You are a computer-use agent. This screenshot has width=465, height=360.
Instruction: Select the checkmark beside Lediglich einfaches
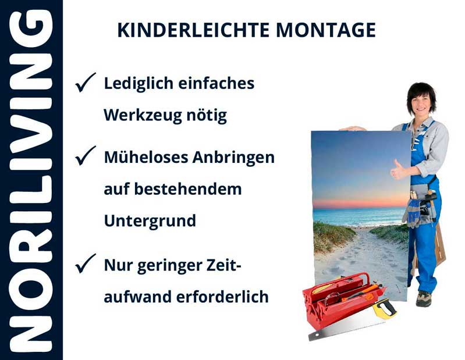tap(85, 84)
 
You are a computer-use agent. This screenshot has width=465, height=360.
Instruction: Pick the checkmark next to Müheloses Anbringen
tap(85, 157)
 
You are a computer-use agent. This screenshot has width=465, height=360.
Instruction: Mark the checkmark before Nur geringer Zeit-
tap(85, 265)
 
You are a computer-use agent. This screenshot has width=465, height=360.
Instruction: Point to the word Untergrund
tap(150, 221)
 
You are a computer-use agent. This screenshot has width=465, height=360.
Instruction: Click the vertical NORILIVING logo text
tap(31, 180)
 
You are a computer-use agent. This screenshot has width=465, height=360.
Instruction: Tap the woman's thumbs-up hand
tap(399, 170)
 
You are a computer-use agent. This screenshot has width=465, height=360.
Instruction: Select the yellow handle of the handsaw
tap(385, 309)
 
